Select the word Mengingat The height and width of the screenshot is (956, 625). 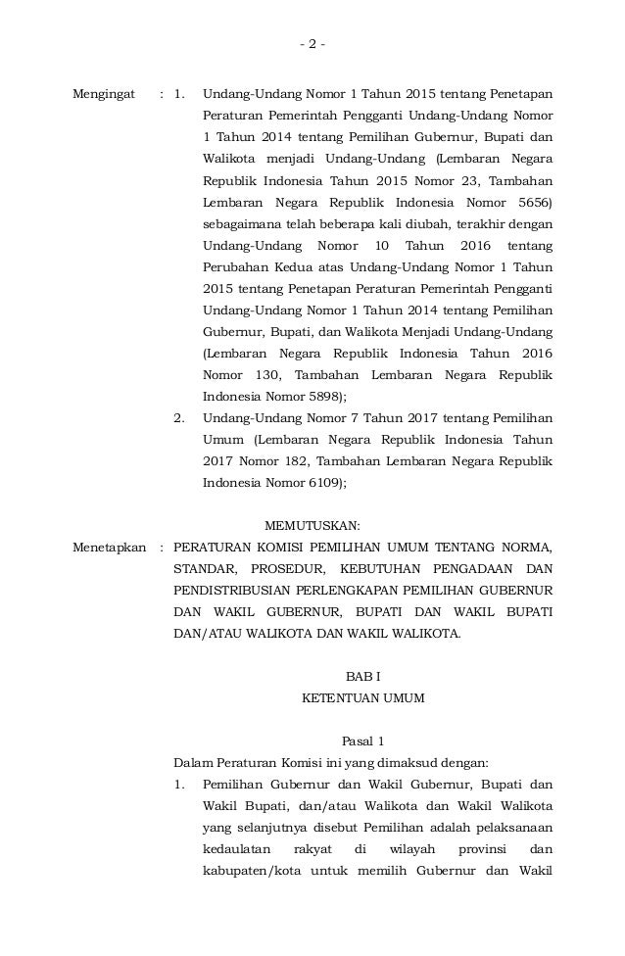point(105,95)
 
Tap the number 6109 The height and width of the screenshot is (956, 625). point(324,483)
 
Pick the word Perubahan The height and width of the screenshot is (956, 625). point(236,267)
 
